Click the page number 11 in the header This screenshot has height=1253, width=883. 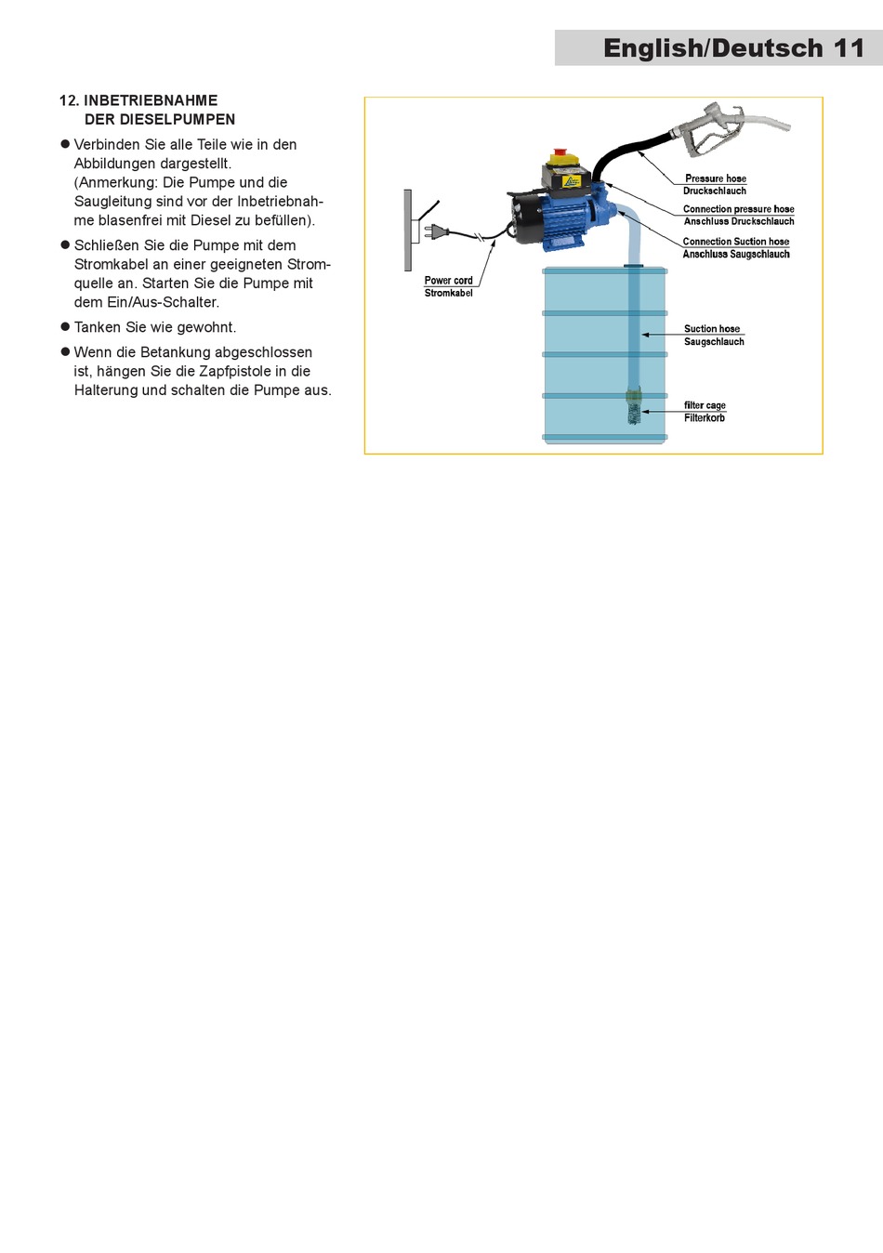(848, 48)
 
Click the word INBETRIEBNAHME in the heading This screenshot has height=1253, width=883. (151, 100)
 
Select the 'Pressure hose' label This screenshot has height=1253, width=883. (715, 178)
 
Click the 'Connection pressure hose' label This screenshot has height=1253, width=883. (738, 209)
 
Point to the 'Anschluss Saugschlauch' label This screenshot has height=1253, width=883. (735, 254)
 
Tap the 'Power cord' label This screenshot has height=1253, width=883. (448, 280)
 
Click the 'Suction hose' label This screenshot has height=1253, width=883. (712, 329)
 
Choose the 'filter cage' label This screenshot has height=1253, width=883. (705, 405)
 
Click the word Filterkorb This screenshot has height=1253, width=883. (705, 418)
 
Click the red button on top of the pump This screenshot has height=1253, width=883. (560, 152)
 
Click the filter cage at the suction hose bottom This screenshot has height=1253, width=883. (634, 407)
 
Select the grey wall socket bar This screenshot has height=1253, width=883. (407, 230)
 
